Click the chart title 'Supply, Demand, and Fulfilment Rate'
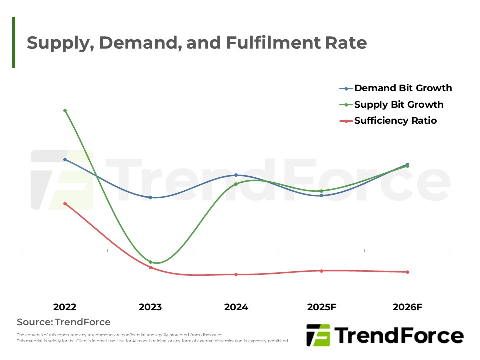197,43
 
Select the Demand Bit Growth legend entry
403,88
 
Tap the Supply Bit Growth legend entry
399,105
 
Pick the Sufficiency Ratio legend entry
395,121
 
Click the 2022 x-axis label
65,307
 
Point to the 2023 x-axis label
150,307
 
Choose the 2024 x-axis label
236,307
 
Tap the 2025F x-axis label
321,307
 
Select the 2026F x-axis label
407,307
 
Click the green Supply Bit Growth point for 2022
65,110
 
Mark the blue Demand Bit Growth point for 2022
65,159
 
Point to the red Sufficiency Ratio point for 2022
65,203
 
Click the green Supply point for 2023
150,262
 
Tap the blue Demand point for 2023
150,197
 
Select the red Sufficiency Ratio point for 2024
236,274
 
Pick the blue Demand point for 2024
236,175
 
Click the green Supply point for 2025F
321,191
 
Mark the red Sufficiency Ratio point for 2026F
407,272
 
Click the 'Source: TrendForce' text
64,322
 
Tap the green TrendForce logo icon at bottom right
318,335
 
